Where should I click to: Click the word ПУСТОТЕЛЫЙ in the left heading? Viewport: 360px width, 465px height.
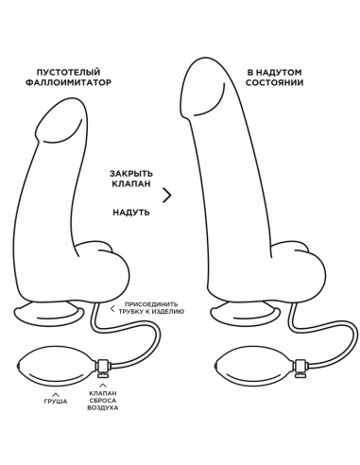coord(68,72)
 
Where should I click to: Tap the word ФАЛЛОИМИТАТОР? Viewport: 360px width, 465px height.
coord(68,82)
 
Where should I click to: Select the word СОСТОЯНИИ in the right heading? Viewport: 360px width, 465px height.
coord(274,83)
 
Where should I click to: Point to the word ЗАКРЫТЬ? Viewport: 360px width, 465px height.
coord(131,173)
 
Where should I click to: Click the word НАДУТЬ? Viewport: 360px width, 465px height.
coord(131,213)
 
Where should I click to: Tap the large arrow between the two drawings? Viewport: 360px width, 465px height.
coord(167,196)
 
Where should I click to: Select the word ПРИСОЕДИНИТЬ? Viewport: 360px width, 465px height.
coord(151,304)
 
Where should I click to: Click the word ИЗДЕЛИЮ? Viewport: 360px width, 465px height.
coord(168,312)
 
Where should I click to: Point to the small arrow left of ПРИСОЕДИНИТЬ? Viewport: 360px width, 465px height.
coord(112,308)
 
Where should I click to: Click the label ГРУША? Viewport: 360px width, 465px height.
coord(56,402)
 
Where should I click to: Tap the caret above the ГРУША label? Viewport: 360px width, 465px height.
coord(56,394)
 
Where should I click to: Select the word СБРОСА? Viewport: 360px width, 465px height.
coord(103,401)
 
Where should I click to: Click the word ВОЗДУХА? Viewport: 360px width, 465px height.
coord(103,407)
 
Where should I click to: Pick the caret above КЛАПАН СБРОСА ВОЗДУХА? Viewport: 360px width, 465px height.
coord(103,385)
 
